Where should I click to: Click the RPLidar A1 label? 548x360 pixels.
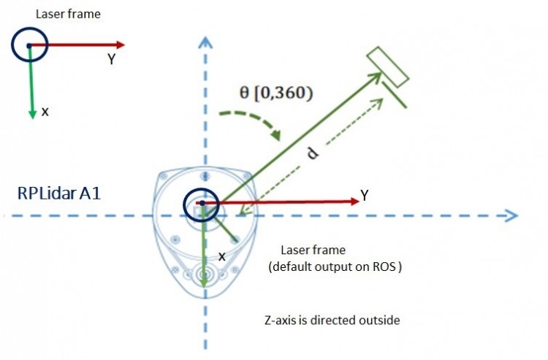click(59, 193)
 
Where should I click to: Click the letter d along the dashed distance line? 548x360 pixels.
click(313, 153)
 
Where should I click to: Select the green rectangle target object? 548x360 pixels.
click(387, 66)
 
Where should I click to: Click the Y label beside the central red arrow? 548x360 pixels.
click(365, 196)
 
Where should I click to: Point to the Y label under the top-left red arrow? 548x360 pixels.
click(111, 59)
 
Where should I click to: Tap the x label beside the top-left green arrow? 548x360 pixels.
click(45, 112)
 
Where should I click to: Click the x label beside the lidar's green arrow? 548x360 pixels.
click(222, 256)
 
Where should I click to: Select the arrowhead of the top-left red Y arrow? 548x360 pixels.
click(121, 45)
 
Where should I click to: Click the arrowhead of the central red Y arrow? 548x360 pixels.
click(355, 201)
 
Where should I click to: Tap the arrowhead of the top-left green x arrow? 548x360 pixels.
click(32, 115)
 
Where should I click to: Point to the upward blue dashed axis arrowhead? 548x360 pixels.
click(205, 42)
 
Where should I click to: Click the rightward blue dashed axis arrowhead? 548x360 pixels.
click(511, 215)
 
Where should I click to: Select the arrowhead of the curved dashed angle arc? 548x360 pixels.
click(276, 135)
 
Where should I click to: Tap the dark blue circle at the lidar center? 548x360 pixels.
click(202, 189)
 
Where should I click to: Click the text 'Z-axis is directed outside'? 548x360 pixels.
click(332, 320)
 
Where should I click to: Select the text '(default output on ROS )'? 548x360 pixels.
click(335, 267)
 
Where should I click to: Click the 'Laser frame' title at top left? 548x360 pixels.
click(68, 14)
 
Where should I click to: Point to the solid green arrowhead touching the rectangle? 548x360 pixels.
click(376, 77)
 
